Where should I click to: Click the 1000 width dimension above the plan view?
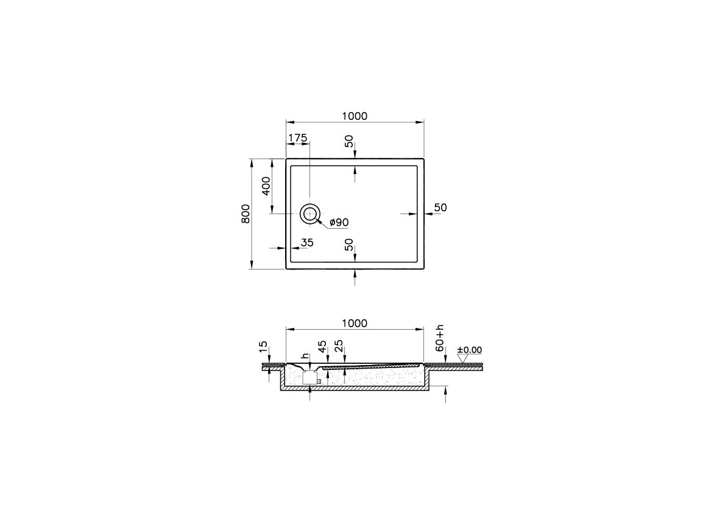coord(355,116)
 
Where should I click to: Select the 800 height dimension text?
coord(246,214)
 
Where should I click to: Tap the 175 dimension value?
coord(297,138)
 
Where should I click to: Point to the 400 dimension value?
coord(266,186)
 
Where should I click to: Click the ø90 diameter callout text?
coord(339,223)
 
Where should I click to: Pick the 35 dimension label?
coord(306,243)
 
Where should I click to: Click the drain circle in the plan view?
coord(309,214)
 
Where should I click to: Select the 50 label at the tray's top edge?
coord(349,141)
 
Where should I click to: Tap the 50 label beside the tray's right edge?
coord(440,208)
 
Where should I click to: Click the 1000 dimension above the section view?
coord(355,323)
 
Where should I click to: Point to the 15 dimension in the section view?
coord(263,347)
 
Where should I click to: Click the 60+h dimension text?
coord(440,336)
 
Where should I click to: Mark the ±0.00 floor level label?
coord(469,350)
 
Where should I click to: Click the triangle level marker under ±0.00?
coord(463,360)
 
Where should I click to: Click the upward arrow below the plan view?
coord(355,277)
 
